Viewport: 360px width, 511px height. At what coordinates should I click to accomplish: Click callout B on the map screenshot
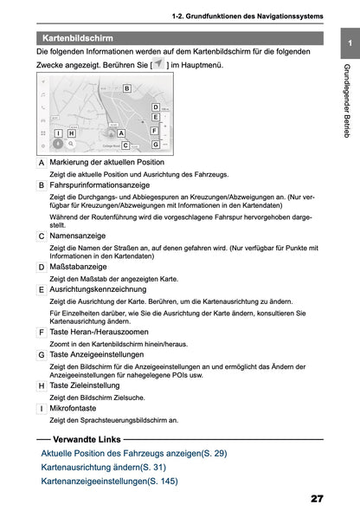tap(126, 88)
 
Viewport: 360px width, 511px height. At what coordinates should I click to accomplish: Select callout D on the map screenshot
tap(156, 107)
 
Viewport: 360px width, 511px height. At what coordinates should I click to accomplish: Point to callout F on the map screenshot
tap(153, 131)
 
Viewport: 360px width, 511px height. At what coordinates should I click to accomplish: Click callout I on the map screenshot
tap(58, 133)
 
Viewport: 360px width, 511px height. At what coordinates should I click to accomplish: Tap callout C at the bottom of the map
tap(126, 146)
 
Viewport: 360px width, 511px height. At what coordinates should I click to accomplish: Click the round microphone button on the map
tap(59, 146)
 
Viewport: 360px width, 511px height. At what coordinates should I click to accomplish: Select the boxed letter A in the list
tap(42, 164)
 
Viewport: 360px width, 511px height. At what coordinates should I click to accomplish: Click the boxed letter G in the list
tap(42, 355)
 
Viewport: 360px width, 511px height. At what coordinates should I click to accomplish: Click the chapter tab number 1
tap(348, 42)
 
